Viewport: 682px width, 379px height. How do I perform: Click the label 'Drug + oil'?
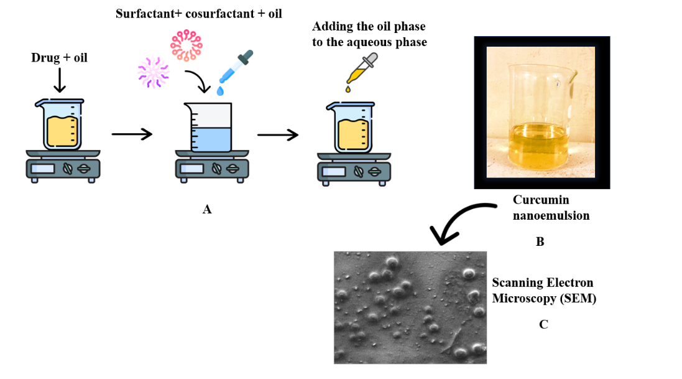click(59, 58)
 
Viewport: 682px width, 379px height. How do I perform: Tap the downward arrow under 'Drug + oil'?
click(60, 80)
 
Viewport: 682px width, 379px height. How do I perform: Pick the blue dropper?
click(234, 70)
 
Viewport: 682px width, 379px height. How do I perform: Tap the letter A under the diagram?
click(207, 210)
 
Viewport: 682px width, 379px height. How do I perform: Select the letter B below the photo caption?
click(540, 241)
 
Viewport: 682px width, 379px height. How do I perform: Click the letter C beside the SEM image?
click(543, 324)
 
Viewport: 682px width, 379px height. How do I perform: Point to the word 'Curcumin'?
click(541, 200)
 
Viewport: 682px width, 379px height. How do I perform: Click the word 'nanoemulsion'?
click(551, 216)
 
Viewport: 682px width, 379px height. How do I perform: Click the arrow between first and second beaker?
click(132, 134)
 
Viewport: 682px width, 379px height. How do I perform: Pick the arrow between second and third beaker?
click(277, 134)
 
